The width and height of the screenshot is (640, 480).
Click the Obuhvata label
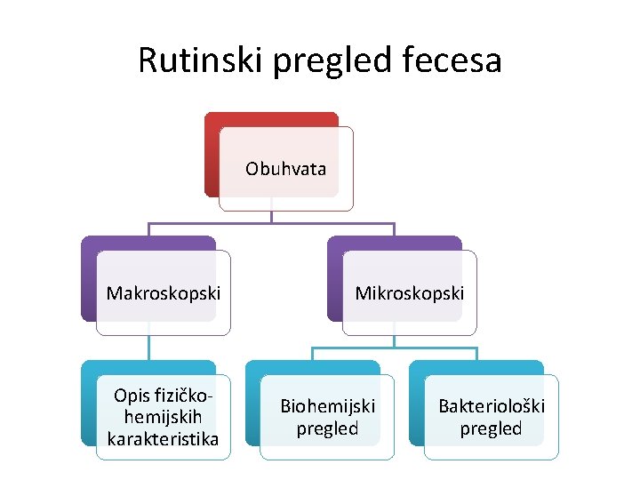pos(285,169)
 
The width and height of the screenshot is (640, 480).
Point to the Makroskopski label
pos(164,292)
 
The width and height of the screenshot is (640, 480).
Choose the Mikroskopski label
pos(410,292)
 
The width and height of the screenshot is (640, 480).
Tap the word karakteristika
pos(163,438)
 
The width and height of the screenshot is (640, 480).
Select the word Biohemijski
pos(327,406)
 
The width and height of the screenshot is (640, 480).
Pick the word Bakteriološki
pos(492,406)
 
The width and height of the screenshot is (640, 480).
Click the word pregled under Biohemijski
pos(327,428)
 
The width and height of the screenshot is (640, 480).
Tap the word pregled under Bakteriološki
pos(492,428)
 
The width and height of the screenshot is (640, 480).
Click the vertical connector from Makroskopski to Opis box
pos(148,347)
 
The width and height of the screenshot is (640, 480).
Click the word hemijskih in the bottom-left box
pos(164,417)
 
